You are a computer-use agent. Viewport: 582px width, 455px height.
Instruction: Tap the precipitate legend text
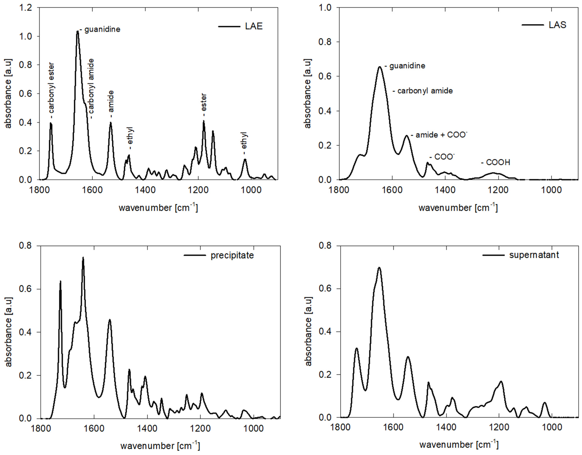pos(232,255)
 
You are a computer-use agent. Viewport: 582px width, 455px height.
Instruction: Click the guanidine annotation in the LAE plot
pos(102,29)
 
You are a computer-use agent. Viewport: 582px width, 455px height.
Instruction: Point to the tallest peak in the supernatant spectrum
pos(379,268)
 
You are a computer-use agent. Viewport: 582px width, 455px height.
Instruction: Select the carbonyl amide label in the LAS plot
pos(425,91)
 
